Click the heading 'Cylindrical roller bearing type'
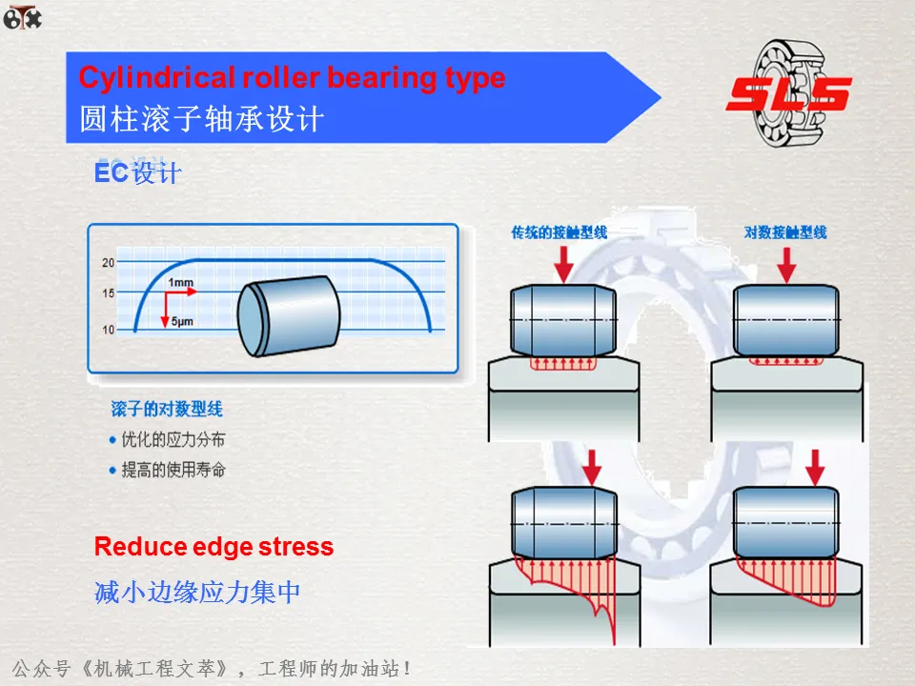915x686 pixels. click(292, 77)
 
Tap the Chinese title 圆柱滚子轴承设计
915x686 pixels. click(201, 119)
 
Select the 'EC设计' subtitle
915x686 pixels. click(137, 174)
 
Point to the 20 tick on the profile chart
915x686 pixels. click(108, 262)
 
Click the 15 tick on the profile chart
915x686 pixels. click(108, 293)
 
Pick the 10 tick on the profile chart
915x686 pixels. click(108, 330)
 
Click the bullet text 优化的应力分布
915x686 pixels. click(173, 440)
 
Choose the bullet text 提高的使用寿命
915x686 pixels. click(173, 470)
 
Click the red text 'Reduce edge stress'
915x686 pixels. click(213, 547)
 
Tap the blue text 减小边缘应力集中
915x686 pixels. click(197, 592)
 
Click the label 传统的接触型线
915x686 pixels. click(559, 232)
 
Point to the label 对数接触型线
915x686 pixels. click(784, 232)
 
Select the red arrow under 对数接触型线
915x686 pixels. click(786, 264)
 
